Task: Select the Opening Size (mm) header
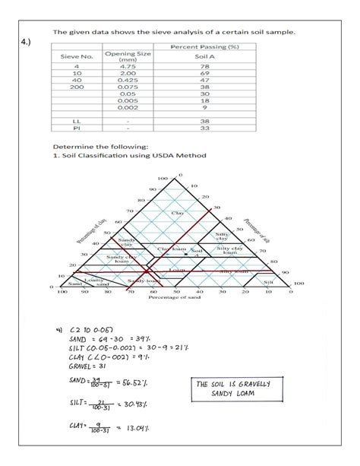(x=133, y=56)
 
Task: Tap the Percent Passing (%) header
(x=205, y=46)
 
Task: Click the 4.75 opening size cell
(x=133, y=66)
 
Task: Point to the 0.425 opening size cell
(x=133, y=80)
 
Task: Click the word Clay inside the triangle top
(x=178, y=213)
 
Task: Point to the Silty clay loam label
(x=229, y=250)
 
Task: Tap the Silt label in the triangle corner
(x=268, y=281)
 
